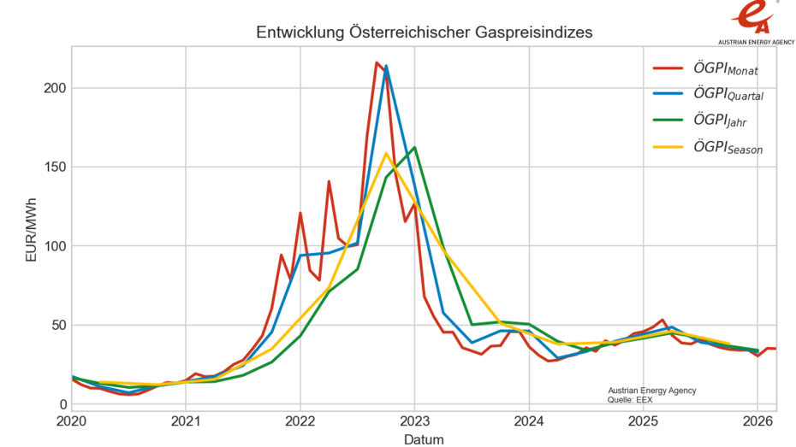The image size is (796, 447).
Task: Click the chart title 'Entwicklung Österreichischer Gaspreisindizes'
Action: click(425, 32)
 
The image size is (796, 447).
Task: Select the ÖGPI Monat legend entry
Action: click(725, 69)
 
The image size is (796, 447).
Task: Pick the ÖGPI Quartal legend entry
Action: click(728, 96)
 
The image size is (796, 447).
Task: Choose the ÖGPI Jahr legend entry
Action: click(721, 122)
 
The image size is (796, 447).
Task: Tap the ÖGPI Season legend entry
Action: click(728, 149)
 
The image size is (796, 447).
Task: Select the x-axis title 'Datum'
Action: click(425, 439)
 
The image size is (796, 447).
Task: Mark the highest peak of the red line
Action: click(377, 62)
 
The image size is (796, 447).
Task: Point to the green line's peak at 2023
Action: click(414, 147)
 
